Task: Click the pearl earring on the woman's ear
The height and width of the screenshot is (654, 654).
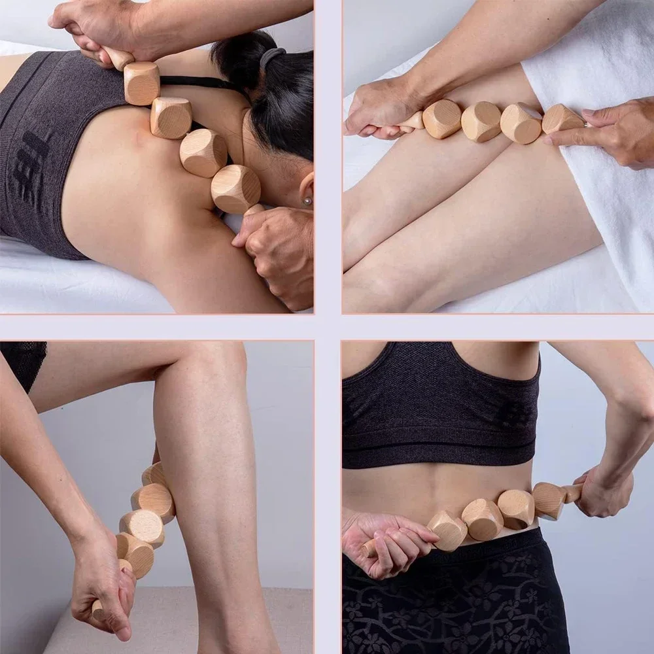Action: pyautogui.click(x=306, y=201)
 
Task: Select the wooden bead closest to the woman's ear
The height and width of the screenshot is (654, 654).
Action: pyautogui.click(x=235, y=188)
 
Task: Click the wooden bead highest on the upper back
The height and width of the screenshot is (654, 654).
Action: pyautogui.click(x=142, y=82)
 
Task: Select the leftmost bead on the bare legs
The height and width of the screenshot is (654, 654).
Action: pyautogui.click(x=442, y=119)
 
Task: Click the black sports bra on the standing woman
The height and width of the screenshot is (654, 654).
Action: pyautogui.click(x=438, y=405)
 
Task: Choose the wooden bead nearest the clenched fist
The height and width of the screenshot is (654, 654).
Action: pyautogui.click(x=447, y=530)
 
